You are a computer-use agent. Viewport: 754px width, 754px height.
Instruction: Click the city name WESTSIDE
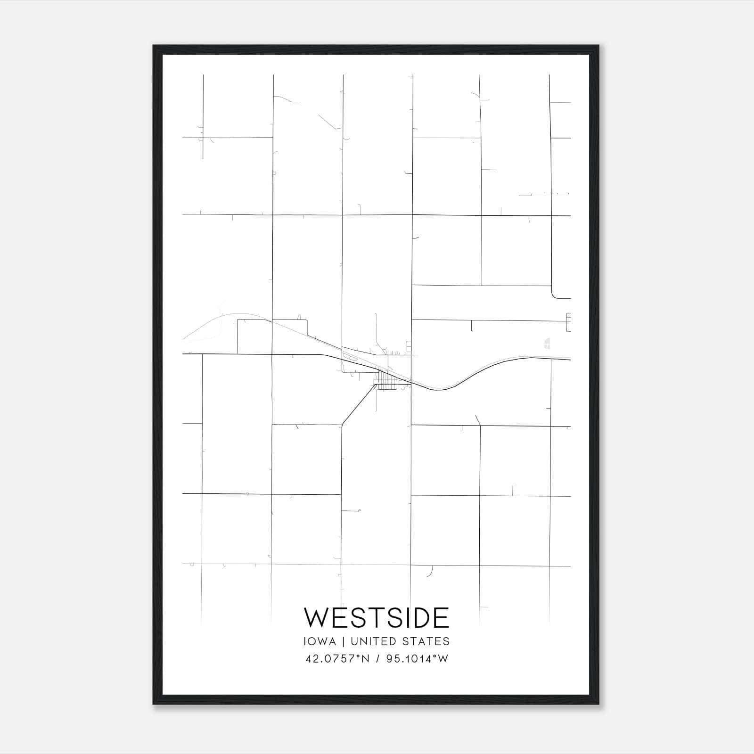(x=377, y=617)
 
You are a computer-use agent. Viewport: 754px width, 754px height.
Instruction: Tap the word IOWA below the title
(x=320, y=641)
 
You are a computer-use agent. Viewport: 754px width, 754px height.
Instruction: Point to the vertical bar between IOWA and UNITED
(x=342, y=641)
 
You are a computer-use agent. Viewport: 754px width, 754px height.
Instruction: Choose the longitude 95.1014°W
(x=417, y=659)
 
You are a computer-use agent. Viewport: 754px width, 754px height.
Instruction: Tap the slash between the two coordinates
(x=377, y=659)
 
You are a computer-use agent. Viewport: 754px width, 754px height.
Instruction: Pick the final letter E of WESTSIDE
(x=442, y=617)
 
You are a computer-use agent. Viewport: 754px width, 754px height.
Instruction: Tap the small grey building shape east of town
(x=547, y=343)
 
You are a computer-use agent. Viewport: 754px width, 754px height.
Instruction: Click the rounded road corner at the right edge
(x=554, y=295)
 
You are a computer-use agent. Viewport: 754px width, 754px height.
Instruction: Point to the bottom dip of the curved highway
(x=441, y=389)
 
